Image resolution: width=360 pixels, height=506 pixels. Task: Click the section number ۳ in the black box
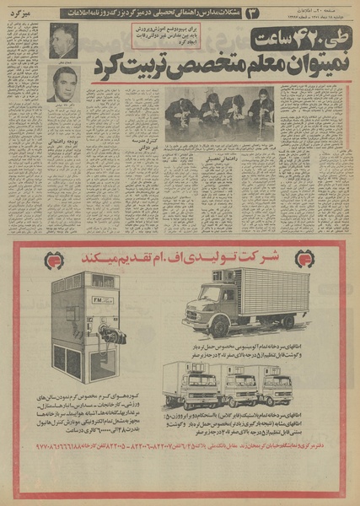(250, 12)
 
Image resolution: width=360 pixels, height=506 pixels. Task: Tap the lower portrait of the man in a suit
(63, 84)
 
